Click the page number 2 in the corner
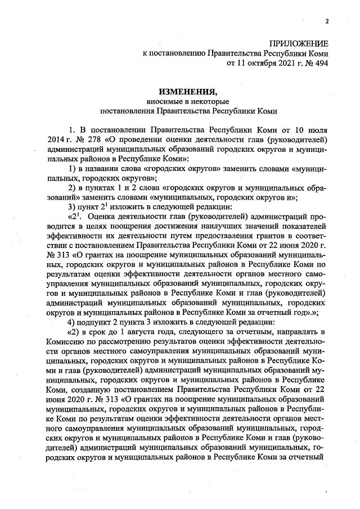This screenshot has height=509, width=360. point(326,21)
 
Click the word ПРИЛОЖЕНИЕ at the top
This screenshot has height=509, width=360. point(298,43)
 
